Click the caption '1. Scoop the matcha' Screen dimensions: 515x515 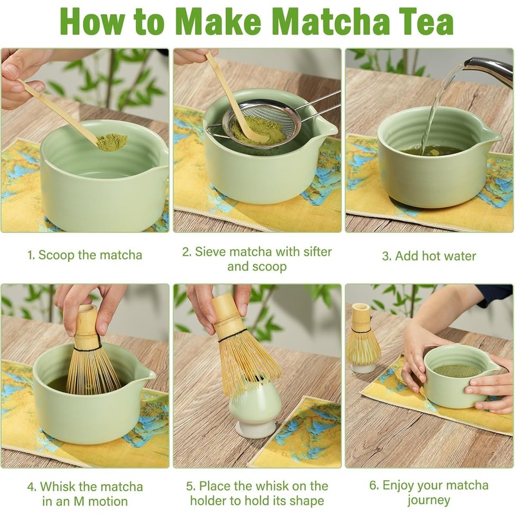[85, 255]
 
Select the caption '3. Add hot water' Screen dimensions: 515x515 [429, 256]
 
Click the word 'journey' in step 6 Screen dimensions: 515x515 [429, 500]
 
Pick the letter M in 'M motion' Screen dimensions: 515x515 [79, 501]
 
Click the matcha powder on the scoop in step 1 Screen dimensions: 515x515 [112, 141]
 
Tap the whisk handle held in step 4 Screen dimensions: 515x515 [87, 326]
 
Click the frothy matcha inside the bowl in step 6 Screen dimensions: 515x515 [457, 371]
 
